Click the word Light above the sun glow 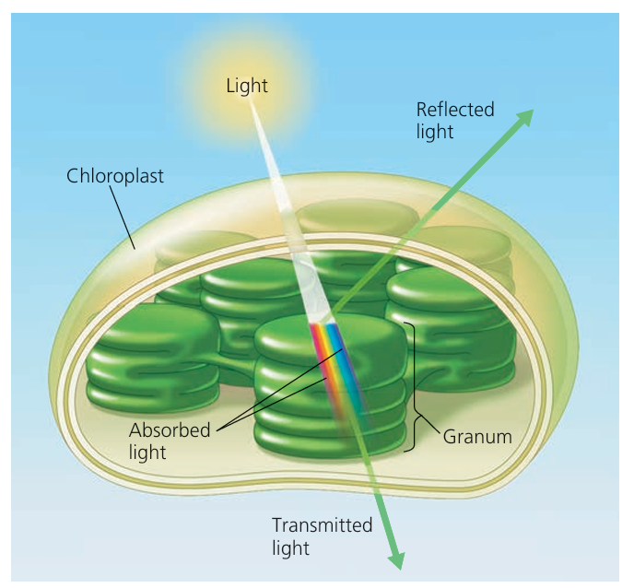(x=247, y=86)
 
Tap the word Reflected (x=454, y=110)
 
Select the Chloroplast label (x=115, y=176)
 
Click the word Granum (x=477, y=436)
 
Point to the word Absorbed (x=170, y=430)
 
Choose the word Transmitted (x=322, y=525)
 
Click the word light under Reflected (x=435, y=132)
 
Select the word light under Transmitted (x=290, y=547)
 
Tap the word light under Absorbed (x=147, y=453)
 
